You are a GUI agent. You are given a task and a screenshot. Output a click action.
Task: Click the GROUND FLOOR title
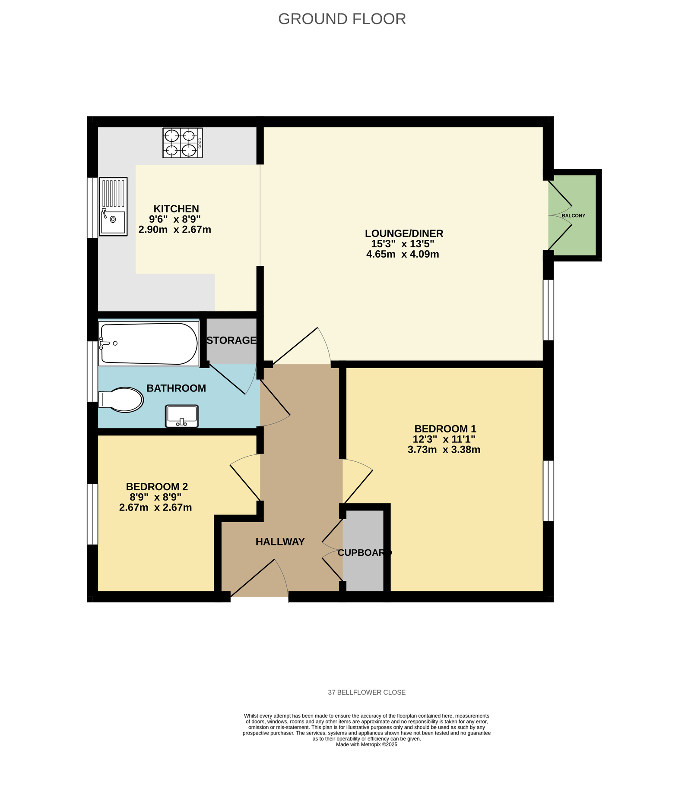[342, 19]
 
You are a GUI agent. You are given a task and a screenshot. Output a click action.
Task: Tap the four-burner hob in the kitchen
[182, 143]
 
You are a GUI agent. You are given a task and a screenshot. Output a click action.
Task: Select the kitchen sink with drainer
[113, 206]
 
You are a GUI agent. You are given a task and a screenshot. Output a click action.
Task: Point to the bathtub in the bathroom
[149, 344]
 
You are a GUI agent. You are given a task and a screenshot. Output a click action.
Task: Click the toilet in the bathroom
[121, 400]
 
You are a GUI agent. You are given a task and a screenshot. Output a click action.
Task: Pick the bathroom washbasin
[182, 416]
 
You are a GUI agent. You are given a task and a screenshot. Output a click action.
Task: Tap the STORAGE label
[231, 340]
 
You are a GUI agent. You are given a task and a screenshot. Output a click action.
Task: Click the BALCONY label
[574, 215]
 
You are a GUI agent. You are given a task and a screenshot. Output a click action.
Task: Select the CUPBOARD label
[365, 552]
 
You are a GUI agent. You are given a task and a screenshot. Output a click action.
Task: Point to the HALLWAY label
[280, 542]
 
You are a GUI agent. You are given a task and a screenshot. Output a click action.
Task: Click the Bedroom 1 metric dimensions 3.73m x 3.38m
[444, 450]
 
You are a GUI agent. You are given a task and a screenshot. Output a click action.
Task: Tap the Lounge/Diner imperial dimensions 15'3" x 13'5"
[403, 244]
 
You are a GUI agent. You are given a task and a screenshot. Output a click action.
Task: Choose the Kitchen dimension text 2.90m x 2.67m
[175, 230]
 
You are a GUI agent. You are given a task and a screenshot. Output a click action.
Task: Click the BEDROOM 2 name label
[157, 487]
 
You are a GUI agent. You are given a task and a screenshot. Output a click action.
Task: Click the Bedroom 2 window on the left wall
[92, 514]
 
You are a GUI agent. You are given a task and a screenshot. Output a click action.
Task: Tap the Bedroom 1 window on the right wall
[548, 491]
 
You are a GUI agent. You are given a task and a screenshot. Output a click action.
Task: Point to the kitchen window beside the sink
[92, 208]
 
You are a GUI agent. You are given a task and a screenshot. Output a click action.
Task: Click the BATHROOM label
[176, 388]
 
